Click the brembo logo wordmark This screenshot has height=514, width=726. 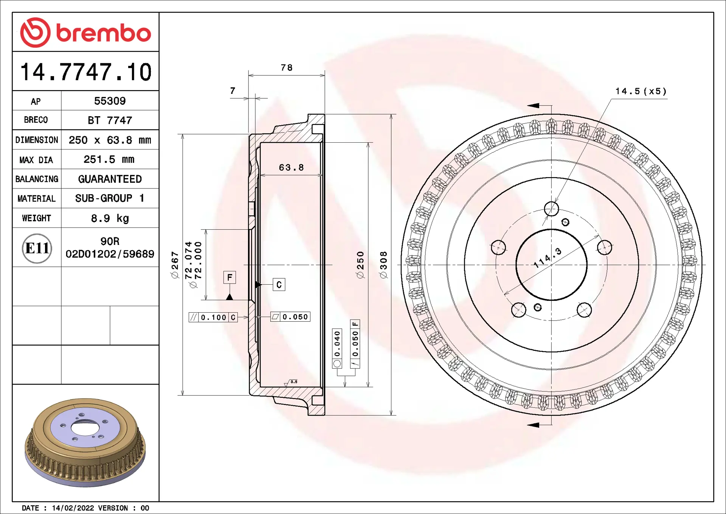104,33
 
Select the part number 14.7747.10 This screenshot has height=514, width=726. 86,72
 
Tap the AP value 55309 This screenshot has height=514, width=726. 110,101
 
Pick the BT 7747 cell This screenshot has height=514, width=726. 110,120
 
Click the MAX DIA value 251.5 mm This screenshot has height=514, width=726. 109,159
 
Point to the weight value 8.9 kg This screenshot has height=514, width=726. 110,218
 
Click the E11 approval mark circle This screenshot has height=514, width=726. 37,248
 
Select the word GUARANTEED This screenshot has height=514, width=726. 110,179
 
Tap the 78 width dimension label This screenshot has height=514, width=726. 287,68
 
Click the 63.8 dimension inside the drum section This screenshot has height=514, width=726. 291,168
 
